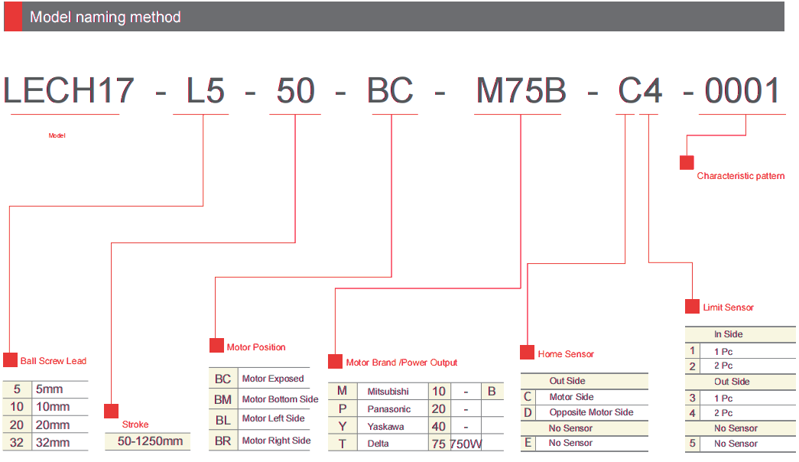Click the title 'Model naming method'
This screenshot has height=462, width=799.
tap(105, 18)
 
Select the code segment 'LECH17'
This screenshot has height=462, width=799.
tap(68, 91)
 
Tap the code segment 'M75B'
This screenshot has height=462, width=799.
tap(521, 91)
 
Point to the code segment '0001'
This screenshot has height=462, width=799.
tap(742, 91)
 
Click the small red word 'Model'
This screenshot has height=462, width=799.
tap(57, 135)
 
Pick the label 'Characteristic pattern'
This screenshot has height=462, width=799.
tap(740, 176)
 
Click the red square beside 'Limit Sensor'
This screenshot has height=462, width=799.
tap(692, 307)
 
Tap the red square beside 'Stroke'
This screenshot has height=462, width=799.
tap(111, 411)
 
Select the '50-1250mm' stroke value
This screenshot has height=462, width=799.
tap(150, 441)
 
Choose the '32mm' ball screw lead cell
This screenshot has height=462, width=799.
tap(53, 443)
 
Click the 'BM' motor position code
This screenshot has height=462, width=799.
tap(222, 400)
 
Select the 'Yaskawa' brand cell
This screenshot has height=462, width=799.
tap(386, 427)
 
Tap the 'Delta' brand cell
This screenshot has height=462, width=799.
tap(378, 444)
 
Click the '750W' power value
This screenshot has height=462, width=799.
tap(466, 444)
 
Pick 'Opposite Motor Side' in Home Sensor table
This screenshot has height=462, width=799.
tap(591, 412)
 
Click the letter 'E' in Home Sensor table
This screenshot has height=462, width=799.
tap(528, 443)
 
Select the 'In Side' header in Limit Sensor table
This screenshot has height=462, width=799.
tap(728, 334)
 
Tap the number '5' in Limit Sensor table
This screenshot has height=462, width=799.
tap(692, 444)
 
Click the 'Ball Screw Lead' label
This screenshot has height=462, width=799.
tap(54, 361)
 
